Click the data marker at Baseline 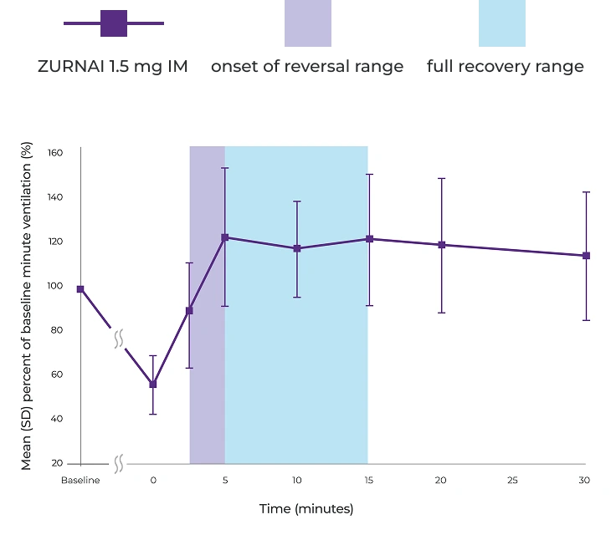pyautogui.click(x=80, y=289)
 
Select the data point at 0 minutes pyautogui.click(x=153, y=385)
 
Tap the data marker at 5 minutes pyautogui.click(x=225, y=237)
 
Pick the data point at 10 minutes pyautogui.click(x=297, y=248)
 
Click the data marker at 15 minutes pyautogui.click(x=369, y=239)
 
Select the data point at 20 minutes pyautogui.click(x=442, y=245)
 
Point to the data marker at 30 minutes pyautogui.click(x=586, y=256)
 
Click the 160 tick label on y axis pyautogui.click(x=55, y=153)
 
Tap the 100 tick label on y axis pyautogui.click(x=55, y=286)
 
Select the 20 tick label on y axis pyautogui.click(x=57, y=463)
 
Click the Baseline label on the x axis pyautogui.click(x=80, y=481)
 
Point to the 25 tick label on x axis pyautogui.click(x=513, y=481)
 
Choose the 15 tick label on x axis pyautogui.click(x=369, y=481)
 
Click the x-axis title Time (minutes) pyautogui.click(x=306, y=509)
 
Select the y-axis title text pyautogui.click(x=27, y=306)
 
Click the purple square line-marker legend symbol pyautogui.click(x=114, y=23)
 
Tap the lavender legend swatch pyautogui.click(x=308, y=23)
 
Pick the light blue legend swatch pyautogui.click(x=502, y=23)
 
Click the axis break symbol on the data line pyautogui.click(x=119, y=339)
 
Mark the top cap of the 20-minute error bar pyautogui.click(x=442, y=179)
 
